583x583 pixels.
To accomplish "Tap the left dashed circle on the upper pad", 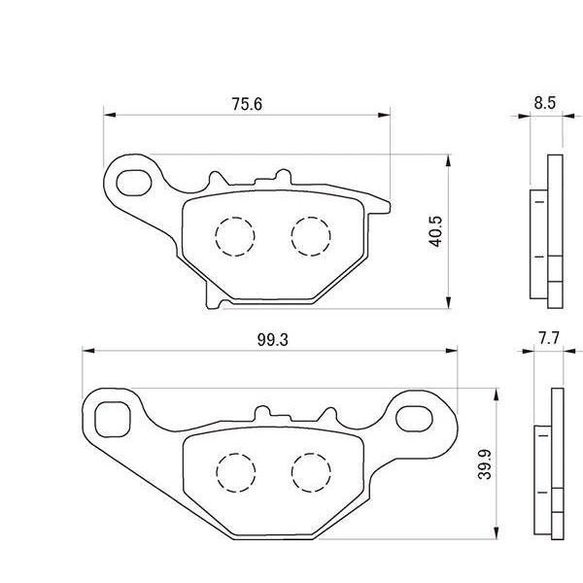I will tap(233, 235).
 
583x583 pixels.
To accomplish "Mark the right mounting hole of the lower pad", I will tap(421, 416).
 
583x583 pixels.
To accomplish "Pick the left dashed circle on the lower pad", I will tap(233, 471).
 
